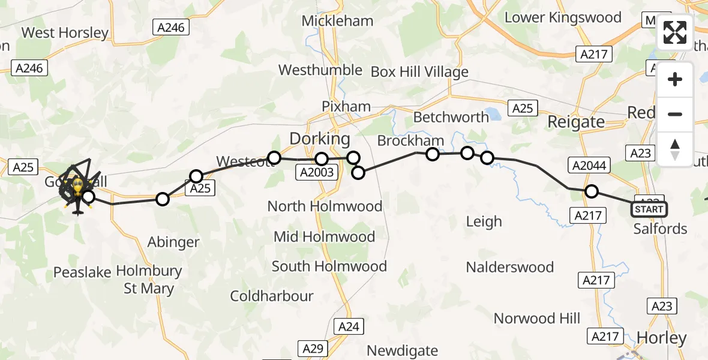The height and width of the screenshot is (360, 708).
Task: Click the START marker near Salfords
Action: point(649,209)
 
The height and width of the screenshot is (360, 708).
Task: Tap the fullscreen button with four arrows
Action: point(675,32)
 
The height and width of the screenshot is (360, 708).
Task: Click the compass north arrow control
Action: point(675,149)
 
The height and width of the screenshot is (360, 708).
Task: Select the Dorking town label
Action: point(319,139)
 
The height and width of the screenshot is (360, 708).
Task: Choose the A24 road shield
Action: point(349,326)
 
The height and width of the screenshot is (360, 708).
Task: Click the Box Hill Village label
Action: point(419,72)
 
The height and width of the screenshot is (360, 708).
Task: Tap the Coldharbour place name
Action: point(272,296)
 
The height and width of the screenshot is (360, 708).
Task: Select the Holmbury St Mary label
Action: point(149,280)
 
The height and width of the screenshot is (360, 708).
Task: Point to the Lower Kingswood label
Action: point(563,17)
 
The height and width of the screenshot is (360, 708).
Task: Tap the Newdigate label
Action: point(402,350)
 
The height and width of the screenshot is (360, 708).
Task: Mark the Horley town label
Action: point(661,338)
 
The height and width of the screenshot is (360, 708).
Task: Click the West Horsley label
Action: point(65,32)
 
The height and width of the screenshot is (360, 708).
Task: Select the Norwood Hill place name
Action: point(537,318)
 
